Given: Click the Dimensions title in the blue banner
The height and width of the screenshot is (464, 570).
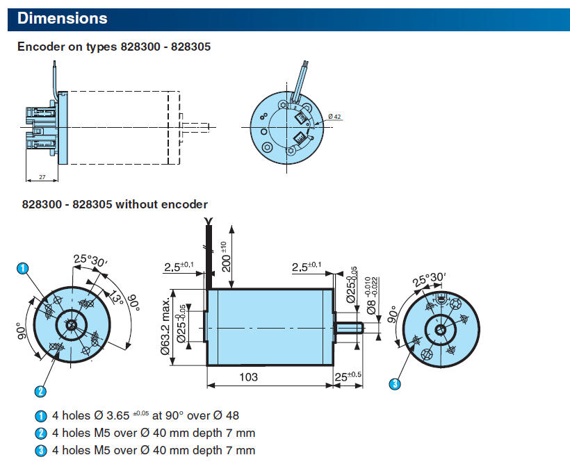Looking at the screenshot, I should (x=62, y=19).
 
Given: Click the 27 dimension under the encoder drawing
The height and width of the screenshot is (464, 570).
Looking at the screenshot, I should (x=42, y=178).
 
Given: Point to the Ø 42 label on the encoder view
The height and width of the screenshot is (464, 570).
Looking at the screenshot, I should (x=334, y=116).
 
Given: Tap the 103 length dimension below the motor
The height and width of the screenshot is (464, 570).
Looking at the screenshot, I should (x=248, y=376).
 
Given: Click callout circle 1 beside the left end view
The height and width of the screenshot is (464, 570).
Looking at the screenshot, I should (x=23, y=267).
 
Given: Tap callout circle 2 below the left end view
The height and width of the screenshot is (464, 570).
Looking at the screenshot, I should (x=41, y=392).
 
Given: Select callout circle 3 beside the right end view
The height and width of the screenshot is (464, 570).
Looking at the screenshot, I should (x=395, y=383).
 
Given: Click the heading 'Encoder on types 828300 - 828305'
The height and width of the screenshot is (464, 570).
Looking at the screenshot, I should (x=113, y=47).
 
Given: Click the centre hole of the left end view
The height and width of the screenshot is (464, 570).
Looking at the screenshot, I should (x=70, y=323).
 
